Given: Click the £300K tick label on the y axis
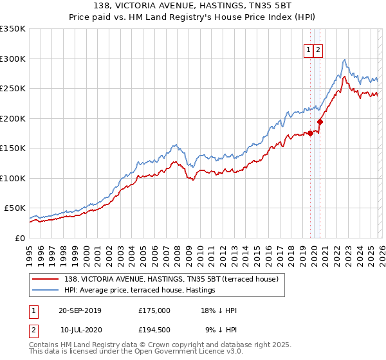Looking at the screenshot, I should pos(13,59).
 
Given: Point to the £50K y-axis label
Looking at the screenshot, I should pos(15,208).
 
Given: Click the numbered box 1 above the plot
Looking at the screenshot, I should pos(309,50).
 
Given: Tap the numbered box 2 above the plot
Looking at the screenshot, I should pos(318,50).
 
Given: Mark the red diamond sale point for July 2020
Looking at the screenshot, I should pos(320,122).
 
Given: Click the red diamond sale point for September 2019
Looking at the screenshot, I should pos(310,133).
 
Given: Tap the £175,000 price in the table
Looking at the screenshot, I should pos(154,310).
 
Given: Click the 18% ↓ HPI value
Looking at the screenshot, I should pos(219,310).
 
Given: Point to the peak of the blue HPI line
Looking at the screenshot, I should pos(345,59).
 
